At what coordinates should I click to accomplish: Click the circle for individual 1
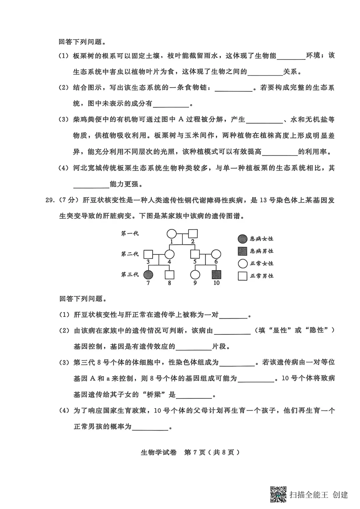pos(172,234)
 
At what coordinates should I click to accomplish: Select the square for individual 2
pos(193,234)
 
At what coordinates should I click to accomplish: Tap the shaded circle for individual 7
pos(148,275)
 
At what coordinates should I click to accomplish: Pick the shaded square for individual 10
pos(216,275)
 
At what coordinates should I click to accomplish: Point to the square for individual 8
pos(169,275)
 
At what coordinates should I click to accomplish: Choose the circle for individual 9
pos(195,275)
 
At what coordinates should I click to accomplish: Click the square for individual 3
pos(148,254)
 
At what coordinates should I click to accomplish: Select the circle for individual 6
pos(216,254)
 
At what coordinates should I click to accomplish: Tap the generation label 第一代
pos(130,234)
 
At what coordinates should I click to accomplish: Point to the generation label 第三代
pos(130,274)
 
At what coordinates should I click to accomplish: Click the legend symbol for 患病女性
pos(243,239)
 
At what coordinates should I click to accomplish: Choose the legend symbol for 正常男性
pos(243,276)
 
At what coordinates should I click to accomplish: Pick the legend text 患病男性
pos(262,251)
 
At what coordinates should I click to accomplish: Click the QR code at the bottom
pos(278,494)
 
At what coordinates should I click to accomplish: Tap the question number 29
pos(50,200)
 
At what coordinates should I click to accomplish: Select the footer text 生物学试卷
pos(159,452)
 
